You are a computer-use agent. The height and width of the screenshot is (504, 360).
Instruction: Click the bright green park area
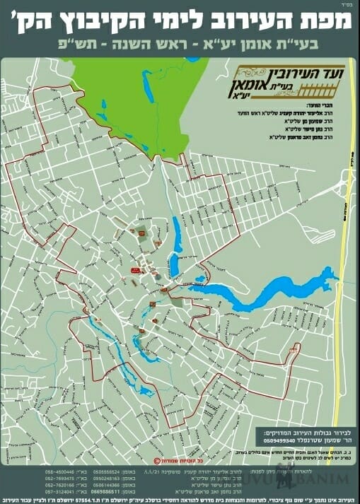coord(134,92)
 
